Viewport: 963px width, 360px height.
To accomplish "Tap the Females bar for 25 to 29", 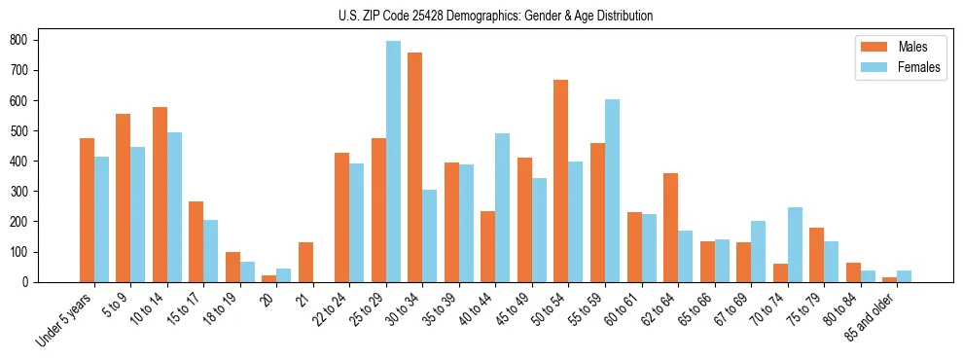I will (393, 162).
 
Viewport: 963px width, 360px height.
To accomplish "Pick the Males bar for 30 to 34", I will (415, 167).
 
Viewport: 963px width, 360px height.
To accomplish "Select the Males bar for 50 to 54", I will (561, 181).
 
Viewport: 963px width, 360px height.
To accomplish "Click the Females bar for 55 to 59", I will (612, 191).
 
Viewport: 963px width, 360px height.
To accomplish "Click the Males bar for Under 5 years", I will (87, 210).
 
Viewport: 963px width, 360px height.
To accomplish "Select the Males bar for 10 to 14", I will (160, 195).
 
